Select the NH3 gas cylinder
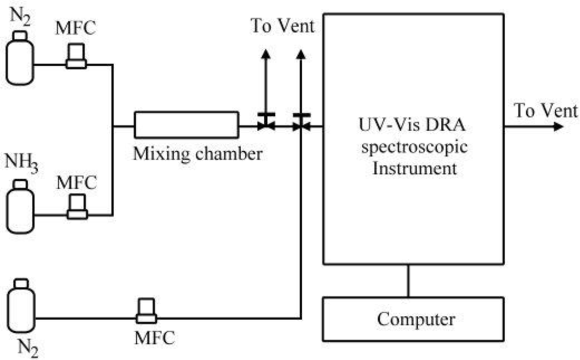(20, 207)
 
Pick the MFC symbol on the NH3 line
(77, 207)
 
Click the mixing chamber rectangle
(186, 123)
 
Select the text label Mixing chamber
(198, 154)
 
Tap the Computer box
(412, 319)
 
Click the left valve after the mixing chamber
(266, 123)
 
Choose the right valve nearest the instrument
(301, 123)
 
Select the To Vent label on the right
(545, 111)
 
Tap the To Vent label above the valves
(282, 27)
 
